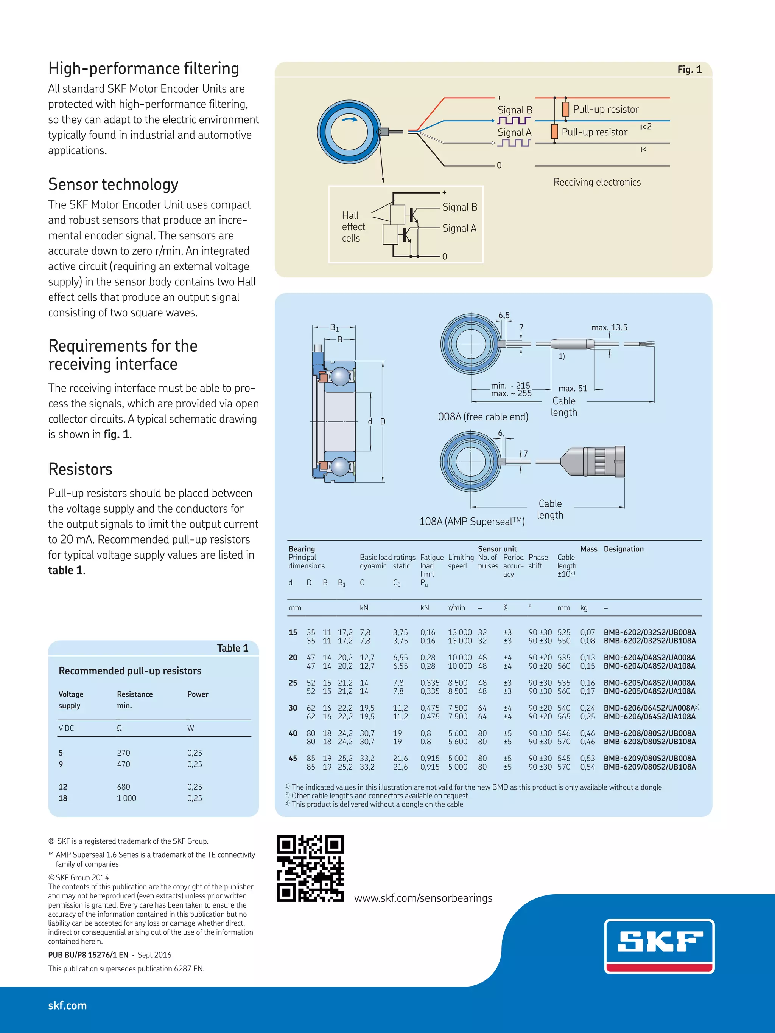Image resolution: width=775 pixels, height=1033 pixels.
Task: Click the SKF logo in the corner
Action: tap(659, 946)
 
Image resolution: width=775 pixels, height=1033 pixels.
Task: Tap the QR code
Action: tap(310, 868)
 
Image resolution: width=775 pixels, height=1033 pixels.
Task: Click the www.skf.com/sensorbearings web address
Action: tap(423, 898)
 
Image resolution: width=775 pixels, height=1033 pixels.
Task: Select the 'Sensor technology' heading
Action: tap(113, 184)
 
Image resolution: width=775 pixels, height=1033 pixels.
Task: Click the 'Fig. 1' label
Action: tap(689, 70)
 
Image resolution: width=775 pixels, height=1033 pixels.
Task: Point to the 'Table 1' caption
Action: tap(232, 648)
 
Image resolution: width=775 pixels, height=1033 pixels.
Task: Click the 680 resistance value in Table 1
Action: tap(123, 787)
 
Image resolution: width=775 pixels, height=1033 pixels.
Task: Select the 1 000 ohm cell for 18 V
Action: tap(126, 798)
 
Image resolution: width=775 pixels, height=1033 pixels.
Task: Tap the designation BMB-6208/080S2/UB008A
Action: tap(649, 733)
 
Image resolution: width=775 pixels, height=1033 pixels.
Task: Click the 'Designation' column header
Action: tap(624, 549)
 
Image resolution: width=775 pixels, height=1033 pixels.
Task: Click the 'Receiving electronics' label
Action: tap(597, 182)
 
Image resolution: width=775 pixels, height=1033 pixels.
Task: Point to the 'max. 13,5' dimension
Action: tap(609, 327)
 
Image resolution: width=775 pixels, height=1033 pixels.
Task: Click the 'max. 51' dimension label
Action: tap(573, 388)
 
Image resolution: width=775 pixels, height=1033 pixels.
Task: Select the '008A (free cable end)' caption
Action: tap(483, 417)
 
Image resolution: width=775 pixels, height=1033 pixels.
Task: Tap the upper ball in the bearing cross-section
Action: tap(340, 376)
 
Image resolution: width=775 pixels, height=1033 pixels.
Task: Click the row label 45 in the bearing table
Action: tap(293, 759)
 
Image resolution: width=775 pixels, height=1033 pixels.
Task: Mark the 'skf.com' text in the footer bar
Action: tap(67, 1005)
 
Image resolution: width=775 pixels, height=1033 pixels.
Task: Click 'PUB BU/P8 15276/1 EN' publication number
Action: tap(88, 954)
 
